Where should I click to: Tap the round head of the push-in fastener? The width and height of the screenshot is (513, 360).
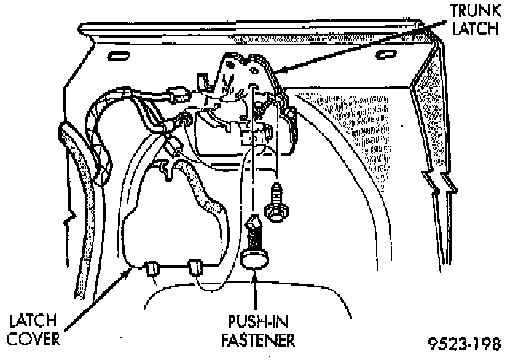pyautogui.click(x=254, y=259)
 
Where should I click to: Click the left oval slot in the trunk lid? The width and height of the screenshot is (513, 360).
pyautogui.click(x=117, y=57)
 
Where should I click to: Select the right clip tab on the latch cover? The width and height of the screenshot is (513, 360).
pyautogui.click(x=196, y=267)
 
